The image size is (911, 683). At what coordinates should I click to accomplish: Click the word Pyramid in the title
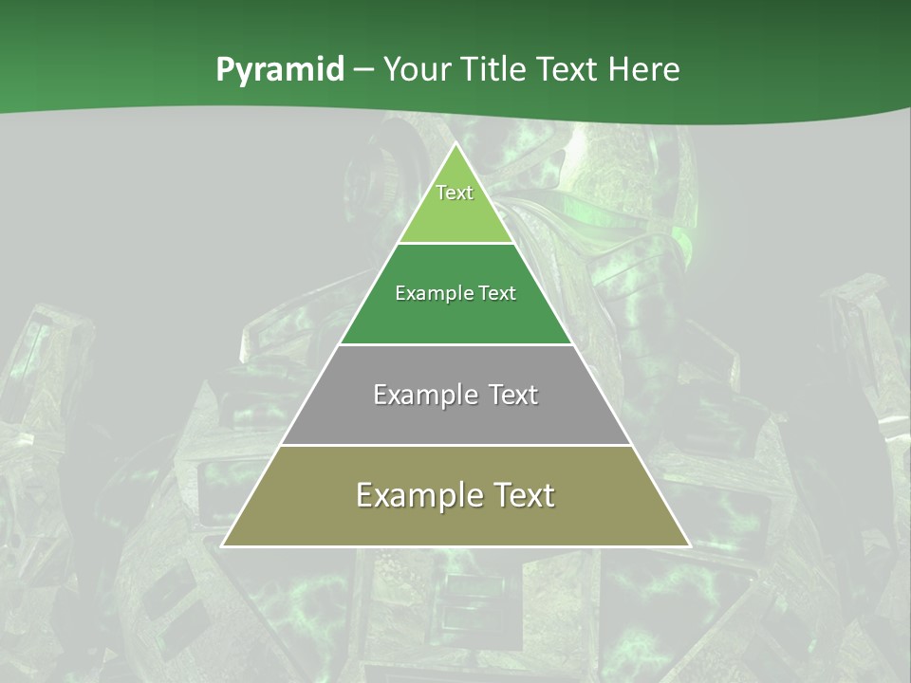click(x=280, y=70)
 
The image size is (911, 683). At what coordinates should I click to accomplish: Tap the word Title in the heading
click(x=494, y=70)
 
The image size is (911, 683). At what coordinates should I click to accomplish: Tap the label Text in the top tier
click(x=455, y=193)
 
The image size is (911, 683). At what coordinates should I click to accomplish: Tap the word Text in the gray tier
click(x=513, y=395)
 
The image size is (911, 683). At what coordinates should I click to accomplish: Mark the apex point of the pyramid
click(x=455, y=143)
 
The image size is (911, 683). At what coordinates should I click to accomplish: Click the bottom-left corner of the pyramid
click(x=223, y=546)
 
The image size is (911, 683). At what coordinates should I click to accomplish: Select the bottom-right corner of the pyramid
click(x=689, y=546)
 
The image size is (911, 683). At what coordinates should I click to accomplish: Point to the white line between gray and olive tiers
click(x=455, y=445)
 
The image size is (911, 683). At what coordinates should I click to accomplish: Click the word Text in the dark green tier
click(x=496, y=293)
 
